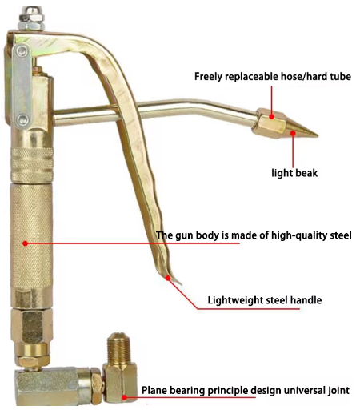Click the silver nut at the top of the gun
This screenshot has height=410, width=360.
click(31, 18)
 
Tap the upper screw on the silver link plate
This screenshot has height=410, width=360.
click(22, 50)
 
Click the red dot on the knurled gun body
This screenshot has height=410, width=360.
click(25, 243)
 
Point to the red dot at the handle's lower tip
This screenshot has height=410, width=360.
click(168, 278)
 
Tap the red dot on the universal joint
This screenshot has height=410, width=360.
click(124, 397)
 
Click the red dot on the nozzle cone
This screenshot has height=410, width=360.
click(293, 133)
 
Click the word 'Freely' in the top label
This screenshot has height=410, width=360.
click(208, 77)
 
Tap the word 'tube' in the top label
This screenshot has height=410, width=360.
click(341, 77)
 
